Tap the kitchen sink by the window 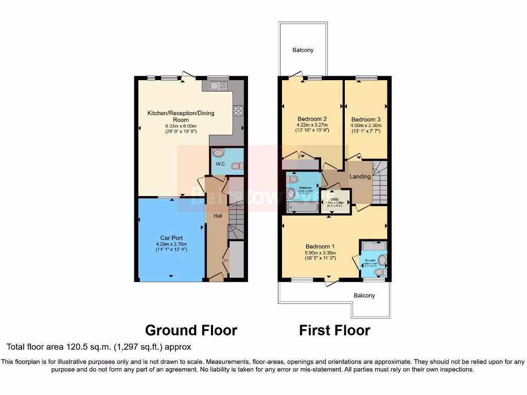tap(219, 85)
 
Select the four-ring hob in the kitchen tap(238, 111)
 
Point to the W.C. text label tap(221, 164)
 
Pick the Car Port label tap(172, 238)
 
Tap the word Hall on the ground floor tap(218, 216)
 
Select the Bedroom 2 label tap(312, 119)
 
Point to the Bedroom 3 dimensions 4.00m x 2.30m tap(366, 125)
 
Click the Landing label tap(360, 176)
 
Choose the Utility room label tap(335, 199)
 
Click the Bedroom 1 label tap(320, 246)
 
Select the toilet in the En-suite tap(380, 272)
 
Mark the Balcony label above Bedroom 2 tap(303, 50)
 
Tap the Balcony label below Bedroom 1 tap(364, 296)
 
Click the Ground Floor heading tap(191, 330)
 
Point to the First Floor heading tap(335, 330)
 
